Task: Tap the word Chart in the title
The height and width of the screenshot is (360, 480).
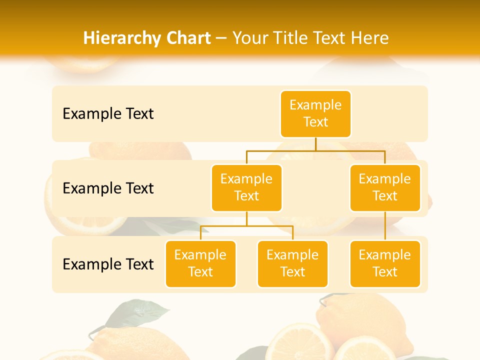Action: pos(187,38)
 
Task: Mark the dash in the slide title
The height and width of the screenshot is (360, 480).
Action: pos(221,38)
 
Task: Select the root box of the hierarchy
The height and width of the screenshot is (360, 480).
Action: pos(315,113)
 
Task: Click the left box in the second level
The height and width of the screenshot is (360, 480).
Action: pos(246,187)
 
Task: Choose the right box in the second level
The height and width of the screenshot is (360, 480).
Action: pos(385,187)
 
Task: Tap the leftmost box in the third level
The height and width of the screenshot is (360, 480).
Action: pos(200,263)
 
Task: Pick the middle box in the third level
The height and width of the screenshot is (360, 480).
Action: pos(292,263)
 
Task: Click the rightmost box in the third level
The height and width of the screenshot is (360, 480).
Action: pos(385,263)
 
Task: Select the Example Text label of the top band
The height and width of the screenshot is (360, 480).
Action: pos(108,113)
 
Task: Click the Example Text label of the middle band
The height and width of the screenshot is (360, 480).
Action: pos(108,188)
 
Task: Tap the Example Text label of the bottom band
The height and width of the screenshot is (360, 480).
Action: pos(108,264)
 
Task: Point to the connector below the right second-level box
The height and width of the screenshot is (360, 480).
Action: pos(385,225)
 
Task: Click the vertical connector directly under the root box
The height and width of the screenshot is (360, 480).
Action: pos(315,144)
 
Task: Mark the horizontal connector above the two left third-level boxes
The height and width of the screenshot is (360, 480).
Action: pos(246,226)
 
